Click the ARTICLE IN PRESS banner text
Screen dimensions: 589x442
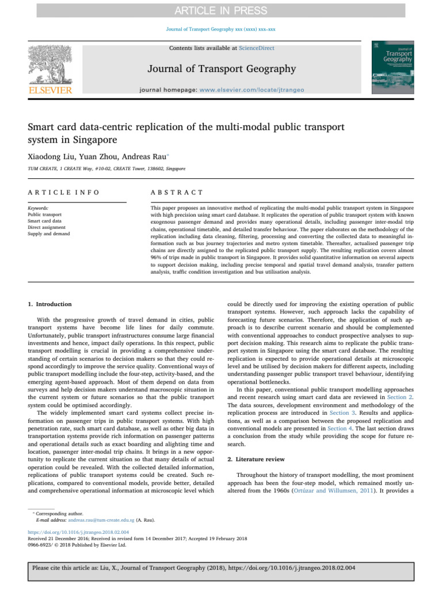click(x=220, y=11)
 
